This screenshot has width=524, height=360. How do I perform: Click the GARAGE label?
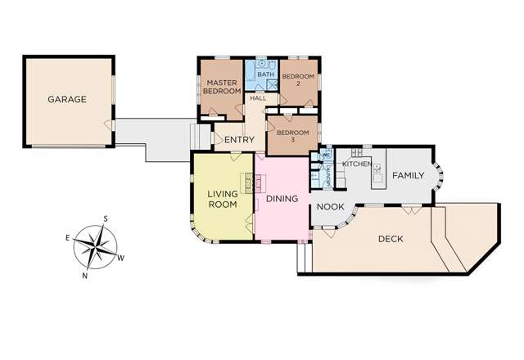point(67,99)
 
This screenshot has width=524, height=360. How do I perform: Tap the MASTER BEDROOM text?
point(221,88)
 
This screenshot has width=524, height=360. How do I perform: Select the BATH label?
point(264,75)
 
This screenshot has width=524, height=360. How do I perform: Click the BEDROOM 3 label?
point(292,137)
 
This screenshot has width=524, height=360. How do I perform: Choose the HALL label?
point(258,98)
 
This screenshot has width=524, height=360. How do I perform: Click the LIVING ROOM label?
point(222,200)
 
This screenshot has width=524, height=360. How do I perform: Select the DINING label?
point(281,199)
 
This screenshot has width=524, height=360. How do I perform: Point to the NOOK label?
point(330,206)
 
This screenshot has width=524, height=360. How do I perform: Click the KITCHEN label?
point(356,164)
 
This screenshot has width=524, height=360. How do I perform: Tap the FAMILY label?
point(407,176)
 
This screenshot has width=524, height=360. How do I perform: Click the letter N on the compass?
point(85,276)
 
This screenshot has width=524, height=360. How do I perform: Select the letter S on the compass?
point(106,219)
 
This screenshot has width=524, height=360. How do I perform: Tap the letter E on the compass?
point(68,236)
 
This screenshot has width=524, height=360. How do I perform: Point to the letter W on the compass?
point(121,258)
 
